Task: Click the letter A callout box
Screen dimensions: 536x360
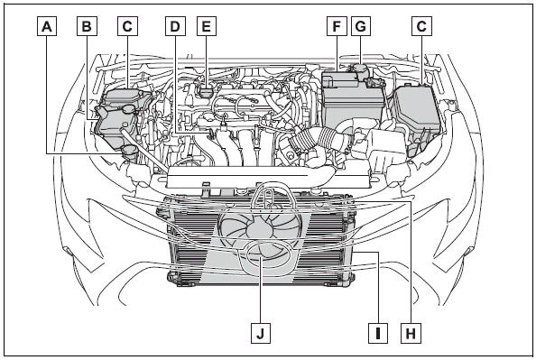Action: click(47, 26)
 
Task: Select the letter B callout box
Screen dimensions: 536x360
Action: click(87, 26)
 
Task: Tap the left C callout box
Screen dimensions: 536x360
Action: click(127, 26)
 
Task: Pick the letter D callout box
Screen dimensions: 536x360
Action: click(175, 26)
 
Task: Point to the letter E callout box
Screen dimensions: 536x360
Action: click(207, 26)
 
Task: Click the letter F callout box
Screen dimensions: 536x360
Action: click(337, 26)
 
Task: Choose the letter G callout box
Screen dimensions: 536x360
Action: click(361, 26)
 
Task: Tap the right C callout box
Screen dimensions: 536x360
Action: click(421, 26)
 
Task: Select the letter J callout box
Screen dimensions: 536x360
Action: click(261, 333)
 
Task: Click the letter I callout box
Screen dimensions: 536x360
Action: click(378, 333)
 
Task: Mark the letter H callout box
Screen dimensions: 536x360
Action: click(411, 333)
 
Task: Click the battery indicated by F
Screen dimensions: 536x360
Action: click(352, 98)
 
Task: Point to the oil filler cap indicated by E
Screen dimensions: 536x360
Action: click(206, 92)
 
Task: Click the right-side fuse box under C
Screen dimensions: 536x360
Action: click(417, 110)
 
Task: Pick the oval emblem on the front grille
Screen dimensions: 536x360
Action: click(267, 257)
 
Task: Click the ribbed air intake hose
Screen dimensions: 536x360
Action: click(318, 138)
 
